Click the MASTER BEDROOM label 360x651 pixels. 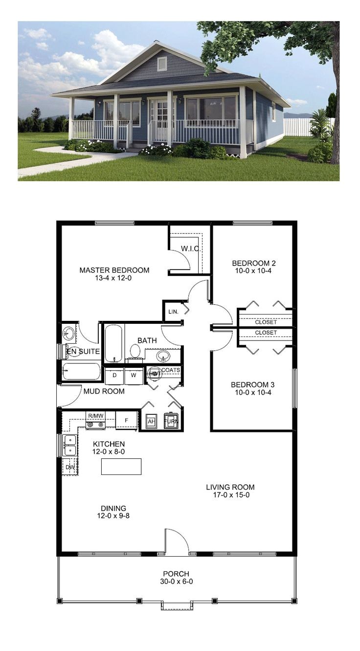tap(114, 270)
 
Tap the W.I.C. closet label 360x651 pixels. tap(190, 248)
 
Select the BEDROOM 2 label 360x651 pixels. tap(252, 263)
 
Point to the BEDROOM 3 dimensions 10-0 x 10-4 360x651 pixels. tap(252, 393)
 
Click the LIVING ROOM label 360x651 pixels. tap(230, 487)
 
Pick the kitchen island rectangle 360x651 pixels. tap(121, 466)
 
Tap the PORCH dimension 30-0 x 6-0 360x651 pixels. tap(177, 582)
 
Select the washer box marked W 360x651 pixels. tap(134, 376)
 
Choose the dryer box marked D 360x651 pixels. tap(114, 376)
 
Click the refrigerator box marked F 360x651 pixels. tap(127, 420)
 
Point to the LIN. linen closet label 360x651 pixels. tap(173, 312)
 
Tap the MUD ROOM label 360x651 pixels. tap(104, 391)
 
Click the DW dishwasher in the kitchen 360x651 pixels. tap(69, 467)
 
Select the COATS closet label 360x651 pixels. tap(171, 370)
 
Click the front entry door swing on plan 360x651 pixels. tap(176, 541)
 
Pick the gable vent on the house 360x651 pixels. tap(162, 64)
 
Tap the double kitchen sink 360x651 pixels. tap(69, 445)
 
